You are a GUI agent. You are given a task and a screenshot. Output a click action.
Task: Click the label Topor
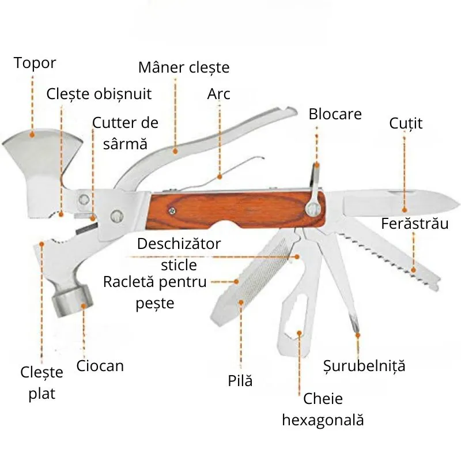35,62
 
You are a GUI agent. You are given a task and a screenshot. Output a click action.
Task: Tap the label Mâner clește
184,67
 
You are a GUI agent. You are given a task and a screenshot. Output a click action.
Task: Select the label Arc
218,93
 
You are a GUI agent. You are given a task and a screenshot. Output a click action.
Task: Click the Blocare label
335,114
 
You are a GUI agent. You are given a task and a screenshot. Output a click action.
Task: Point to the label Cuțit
406,123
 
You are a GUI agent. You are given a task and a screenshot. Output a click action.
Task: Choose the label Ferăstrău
414,224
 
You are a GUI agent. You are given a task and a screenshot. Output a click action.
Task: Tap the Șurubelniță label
364,365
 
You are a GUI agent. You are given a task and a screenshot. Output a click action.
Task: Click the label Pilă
240,380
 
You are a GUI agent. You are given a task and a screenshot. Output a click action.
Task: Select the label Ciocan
100,366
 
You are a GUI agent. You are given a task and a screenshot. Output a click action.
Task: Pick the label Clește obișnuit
99,93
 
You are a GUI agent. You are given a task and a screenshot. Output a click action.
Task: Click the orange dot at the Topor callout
32,134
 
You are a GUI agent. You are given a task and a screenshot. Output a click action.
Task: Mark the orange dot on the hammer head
84,306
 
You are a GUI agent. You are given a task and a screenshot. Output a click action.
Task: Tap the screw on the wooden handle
171,211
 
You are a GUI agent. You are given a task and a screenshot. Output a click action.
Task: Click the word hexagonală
323,420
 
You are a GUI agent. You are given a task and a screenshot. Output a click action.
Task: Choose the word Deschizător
179,244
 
